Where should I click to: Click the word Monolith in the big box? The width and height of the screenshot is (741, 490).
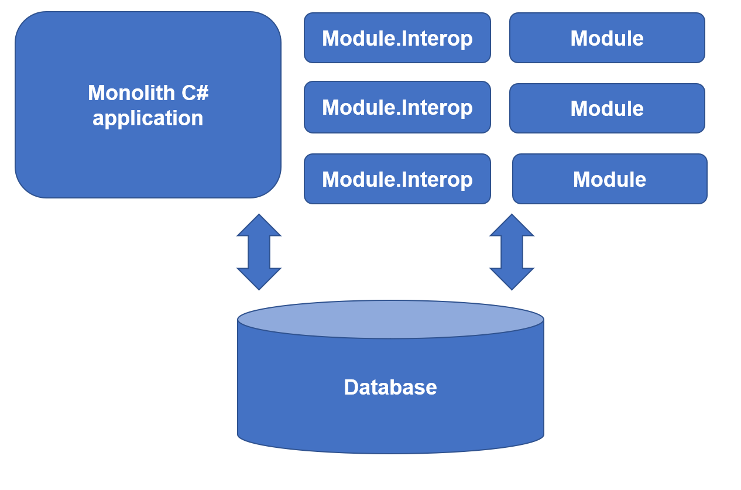click(x=131, y=92)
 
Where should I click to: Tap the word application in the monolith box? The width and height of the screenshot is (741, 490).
click(x=148, y=118)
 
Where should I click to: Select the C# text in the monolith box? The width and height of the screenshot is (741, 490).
click(x=195, y=92)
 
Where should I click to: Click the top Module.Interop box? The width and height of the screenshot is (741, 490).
click(x=397, y=37)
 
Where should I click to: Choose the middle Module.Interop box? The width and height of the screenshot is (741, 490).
click(x=397, y=107)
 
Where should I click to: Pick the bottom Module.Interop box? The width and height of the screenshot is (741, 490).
click(x=397, y=179)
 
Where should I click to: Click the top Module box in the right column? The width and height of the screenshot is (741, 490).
click(x=607, y=37)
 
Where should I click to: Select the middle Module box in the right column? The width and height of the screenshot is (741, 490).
click(x=607, y=108)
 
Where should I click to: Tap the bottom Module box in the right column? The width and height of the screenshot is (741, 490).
click(x=610, y=179)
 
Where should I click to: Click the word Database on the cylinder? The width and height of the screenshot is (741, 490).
click(x=390, y=387)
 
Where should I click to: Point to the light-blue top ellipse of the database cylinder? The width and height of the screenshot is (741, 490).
click(x=390, y=319)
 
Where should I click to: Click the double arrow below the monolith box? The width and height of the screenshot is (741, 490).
click(x=259, y=252)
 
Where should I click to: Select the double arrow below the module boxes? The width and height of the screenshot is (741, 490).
click(x=512, y=252)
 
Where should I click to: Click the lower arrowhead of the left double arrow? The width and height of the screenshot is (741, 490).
click(x=259, y=279)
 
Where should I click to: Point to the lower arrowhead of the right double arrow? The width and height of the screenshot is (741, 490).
click(x=512, y=279)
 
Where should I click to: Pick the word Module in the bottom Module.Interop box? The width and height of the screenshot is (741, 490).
click(x=359, y=179)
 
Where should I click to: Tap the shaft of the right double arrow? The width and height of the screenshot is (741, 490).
click(x=512, y=252)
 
